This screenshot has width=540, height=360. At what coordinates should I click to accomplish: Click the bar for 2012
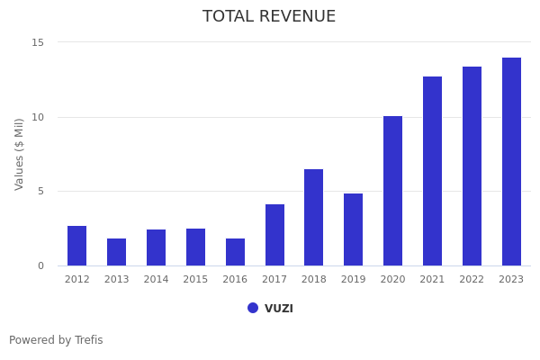pyautogui.click(x=76, y=246)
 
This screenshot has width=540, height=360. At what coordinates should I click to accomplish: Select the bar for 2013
pyautogui.click(x=116, y=252)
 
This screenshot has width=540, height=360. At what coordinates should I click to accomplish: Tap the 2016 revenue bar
pyautogui.click(x=235, y=252)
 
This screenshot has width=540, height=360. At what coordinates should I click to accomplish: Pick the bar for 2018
pyautogui.click(x=313, y=217)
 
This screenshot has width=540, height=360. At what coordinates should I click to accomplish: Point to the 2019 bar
pyautogui.click(x=353, y=229)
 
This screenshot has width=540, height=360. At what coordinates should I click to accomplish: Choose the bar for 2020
pyautogui.click(x=392, y=191)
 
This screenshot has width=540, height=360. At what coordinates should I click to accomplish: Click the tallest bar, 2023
pyautogui.click(x=511, y=162)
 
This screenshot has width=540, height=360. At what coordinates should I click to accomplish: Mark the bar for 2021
pyautogui.click(x=432, y=171)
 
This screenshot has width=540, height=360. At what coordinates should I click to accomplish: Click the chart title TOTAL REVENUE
pyautogui.click(x=269, y=17)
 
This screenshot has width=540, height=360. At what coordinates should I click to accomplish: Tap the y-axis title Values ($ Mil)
pyautogui.click(x=20, y=154)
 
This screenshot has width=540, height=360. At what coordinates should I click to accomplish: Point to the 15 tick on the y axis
pyautogui.click(x=38, y=42)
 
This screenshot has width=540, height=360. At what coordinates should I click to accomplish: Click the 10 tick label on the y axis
pyautogui.click(x=38, y=117)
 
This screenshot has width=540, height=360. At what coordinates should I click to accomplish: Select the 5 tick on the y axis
pyautogui.click(x=40, y=191)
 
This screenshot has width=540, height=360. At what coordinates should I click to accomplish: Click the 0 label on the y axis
pyautogui.click(x=40, y=265)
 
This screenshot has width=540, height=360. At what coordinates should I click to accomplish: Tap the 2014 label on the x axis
pyautogui.click(x=156, y=280)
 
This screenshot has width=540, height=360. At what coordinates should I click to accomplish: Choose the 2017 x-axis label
pyautogui.click(x=274, y=280)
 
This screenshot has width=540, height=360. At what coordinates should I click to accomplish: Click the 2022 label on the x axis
pyautogui.click(x=472, y=280)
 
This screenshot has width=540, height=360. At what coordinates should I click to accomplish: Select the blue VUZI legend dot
pyautogui.click(x=253, y=308)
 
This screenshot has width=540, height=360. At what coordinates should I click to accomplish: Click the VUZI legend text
pyautogui.click(x=279, y=309)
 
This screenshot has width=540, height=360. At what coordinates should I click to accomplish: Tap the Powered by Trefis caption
pyautogui.click(x=56, y=340)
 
